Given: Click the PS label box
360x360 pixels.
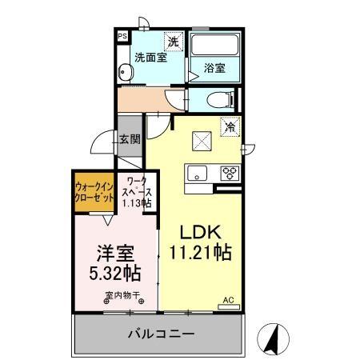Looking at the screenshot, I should click(x=122, y=37).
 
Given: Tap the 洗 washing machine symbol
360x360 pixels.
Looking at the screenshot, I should click(x=173, y=41).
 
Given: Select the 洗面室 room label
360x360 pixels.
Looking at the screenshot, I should click(x=150, y=58).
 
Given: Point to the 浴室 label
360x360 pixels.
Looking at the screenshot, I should click(x=214, y=69).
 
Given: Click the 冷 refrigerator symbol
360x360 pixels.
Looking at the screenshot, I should click(x=230, y=126).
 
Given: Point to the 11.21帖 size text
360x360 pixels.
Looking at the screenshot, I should click(x=200, y=254).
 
